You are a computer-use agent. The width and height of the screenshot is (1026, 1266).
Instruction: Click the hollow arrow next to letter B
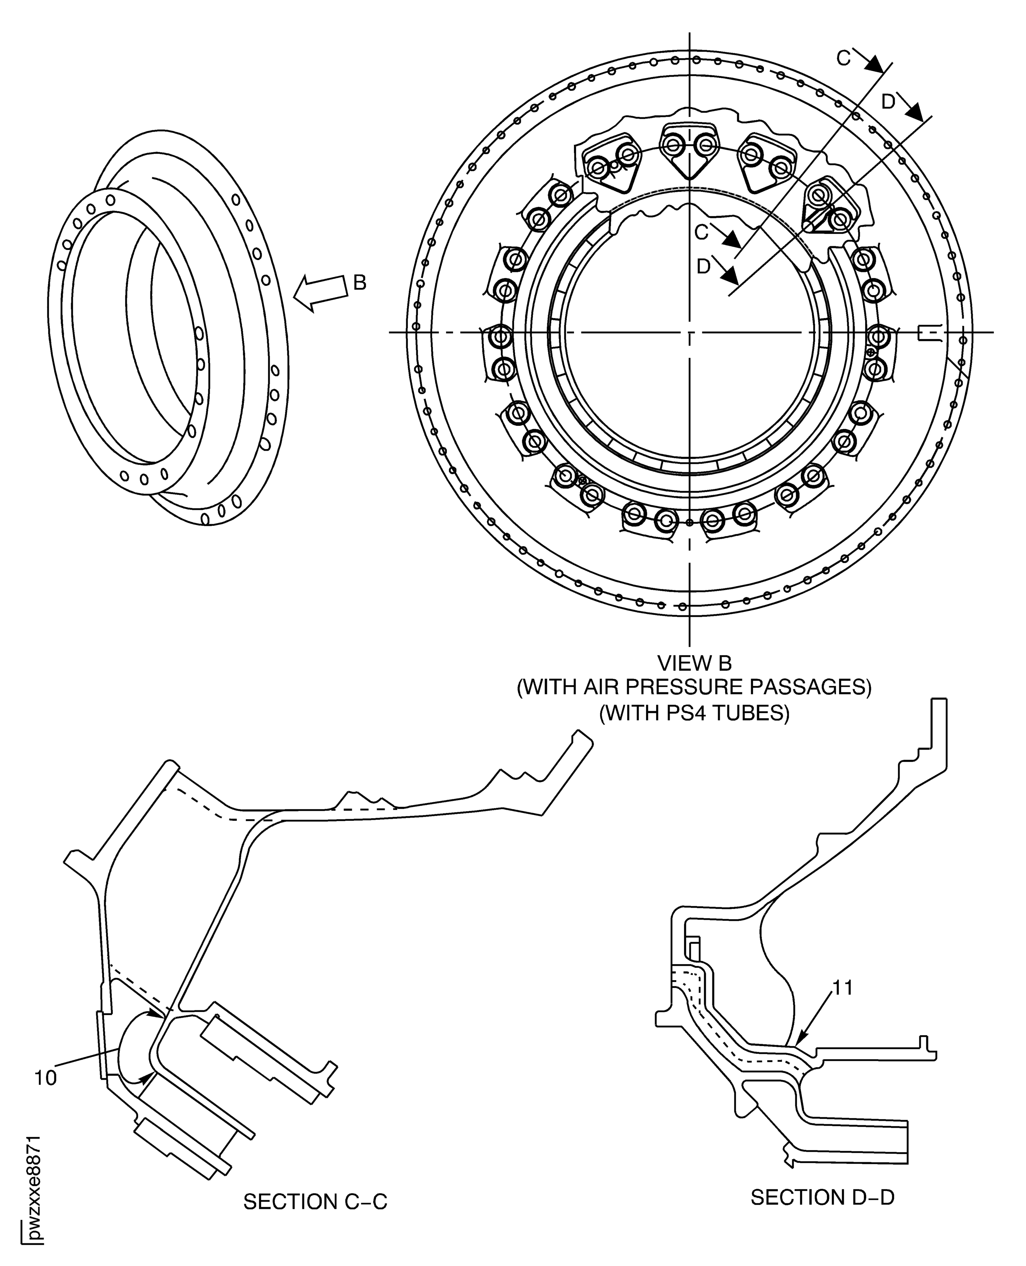(x=319, y=292)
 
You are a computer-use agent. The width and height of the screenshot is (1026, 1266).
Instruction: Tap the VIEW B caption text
(x=695, y=664)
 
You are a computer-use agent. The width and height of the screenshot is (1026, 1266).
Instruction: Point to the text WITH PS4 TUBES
(x=695, y=713)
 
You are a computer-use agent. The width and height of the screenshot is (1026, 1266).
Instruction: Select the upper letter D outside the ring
(x=888, y=102)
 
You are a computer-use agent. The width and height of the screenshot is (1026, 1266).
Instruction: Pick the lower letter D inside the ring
(x=703, y=267)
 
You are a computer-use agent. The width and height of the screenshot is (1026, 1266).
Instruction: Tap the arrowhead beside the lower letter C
(x=733, y=241)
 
